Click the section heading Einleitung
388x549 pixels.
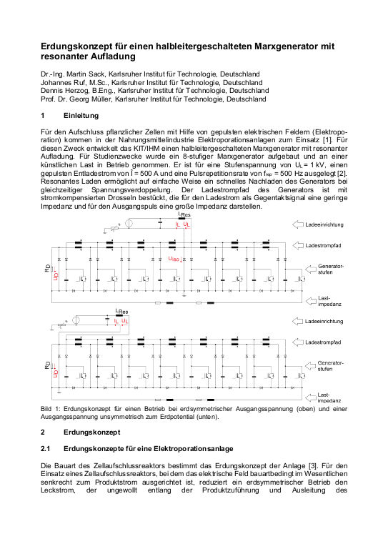tap(80, 116)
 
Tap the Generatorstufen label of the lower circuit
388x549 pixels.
tap(329, 366)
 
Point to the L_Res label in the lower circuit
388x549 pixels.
tap(121, 312)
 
